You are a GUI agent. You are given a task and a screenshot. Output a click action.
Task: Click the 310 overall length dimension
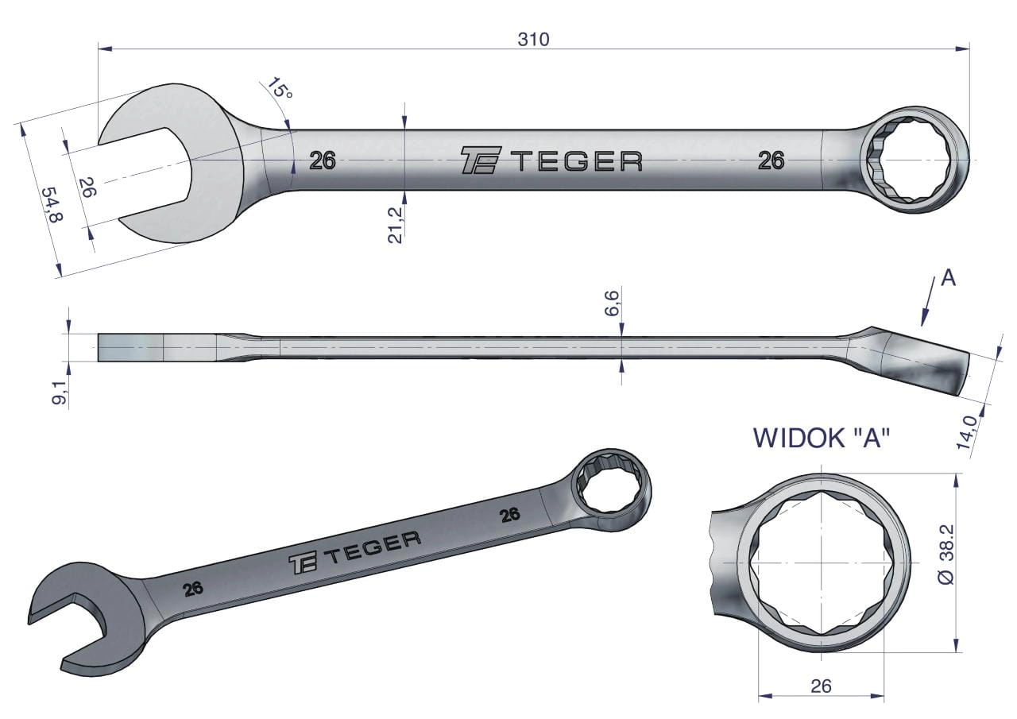click(533, 40)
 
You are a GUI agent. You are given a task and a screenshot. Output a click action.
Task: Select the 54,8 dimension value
click(52, 206)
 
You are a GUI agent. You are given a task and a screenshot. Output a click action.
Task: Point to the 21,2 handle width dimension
click(395, 225)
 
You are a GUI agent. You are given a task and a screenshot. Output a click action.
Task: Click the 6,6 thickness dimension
click(613, 303)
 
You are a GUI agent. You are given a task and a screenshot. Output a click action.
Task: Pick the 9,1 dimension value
click(60, 392)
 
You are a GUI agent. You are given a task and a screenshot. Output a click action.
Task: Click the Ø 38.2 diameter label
click(948, 555)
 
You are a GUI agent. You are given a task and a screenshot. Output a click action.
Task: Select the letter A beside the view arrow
click(949, 278)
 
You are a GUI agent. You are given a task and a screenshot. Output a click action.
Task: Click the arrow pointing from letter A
click(927, 302)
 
